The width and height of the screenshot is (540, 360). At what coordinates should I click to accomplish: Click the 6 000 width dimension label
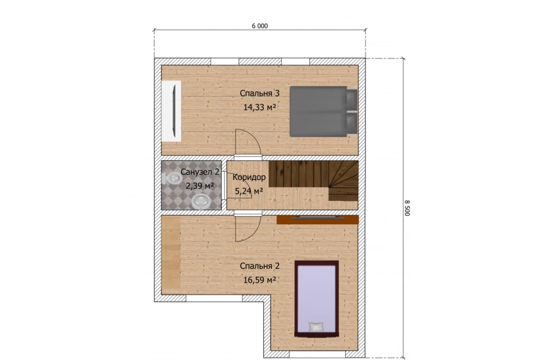(260, 26)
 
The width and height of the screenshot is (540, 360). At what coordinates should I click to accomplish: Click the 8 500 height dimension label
(407, 208)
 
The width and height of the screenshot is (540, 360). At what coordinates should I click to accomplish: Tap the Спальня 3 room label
(260, 93)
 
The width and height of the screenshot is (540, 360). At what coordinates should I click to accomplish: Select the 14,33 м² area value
(260, 107)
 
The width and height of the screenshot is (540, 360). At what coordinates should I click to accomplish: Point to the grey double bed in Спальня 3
(323, 111)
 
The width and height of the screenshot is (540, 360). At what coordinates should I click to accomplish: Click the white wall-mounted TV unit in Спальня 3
(172, 111)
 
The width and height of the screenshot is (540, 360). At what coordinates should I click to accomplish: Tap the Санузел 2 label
(200, 172)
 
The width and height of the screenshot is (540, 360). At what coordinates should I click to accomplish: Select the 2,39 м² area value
(200, 186)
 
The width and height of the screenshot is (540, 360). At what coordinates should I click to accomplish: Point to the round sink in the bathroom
(201, 201)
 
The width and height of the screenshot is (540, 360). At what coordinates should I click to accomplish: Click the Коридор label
(249, 177)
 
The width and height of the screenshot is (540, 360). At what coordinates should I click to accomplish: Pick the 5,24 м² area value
(249, 191)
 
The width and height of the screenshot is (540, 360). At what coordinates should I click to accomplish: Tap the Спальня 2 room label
(260, 266)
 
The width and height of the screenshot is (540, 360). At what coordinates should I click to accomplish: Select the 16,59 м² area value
(260, 280)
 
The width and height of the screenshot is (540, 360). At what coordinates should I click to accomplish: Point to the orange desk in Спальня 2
(317, 219)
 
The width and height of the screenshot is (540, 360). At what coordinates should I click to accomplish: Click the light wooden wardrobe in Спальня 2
(171, 253)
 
